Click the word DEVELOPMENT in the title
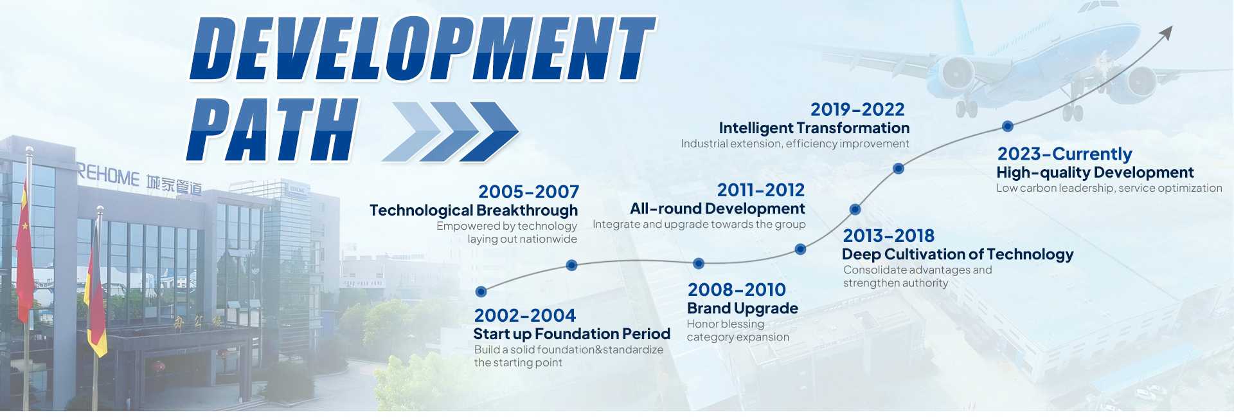(422, 49)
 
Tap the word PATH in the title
(273, 129)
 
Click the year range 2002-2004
(524, 315)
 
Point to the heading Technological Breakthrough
(474, 210)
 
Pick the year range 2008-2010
(737, 290)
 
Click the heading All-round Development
(717, 208)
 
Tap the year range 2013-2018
(888, 236)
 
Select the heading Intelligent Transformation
(814, 128)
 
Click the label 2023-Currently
(1064, 154)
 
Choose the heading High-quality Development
(1095, 172)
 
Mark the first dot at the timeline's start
(481, 292)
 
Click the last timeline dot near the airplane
(1008, 126)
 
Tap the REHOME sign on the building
(108, 176)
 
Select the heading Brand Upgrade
(742, 308)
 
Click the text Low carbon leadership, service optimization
(1109, 188)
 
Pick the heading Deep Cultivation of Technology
(958, 254)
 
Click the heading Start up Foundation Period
(571, 334)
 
